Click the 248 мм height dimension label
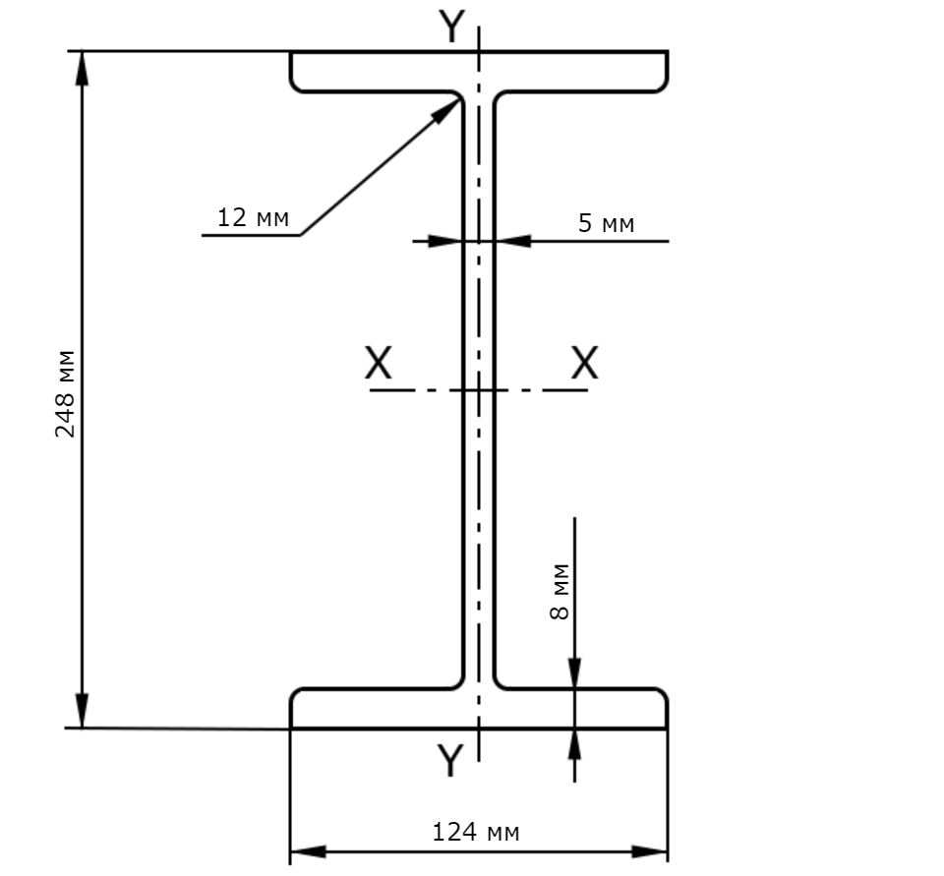(x=65, y=393)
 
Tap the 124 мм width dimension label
(x=476, y=832)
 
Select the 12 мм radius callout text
(x=253, y=217)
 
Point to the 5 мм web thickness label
(x=607, y=223)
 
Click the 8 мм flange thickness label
(x=560, y=592)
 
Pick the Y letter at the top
(x=451, y=27)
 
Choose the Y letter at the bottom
(x=450, y=760)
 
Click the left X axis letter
(x=378, y=363)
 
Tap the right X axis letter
(x=584, y=363)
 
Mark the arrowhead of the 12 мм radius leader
(x=448, y=110)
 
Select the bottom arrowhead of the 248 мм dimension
(x=82, y=711)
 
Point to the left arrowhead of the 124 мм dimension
(x=308, y=852)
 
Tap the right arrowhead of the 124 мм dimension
(x=650, y=852)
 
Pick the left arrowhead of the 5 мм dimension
(x=445, y=241)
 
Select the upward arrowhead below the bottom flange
(x=575, y=745)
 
